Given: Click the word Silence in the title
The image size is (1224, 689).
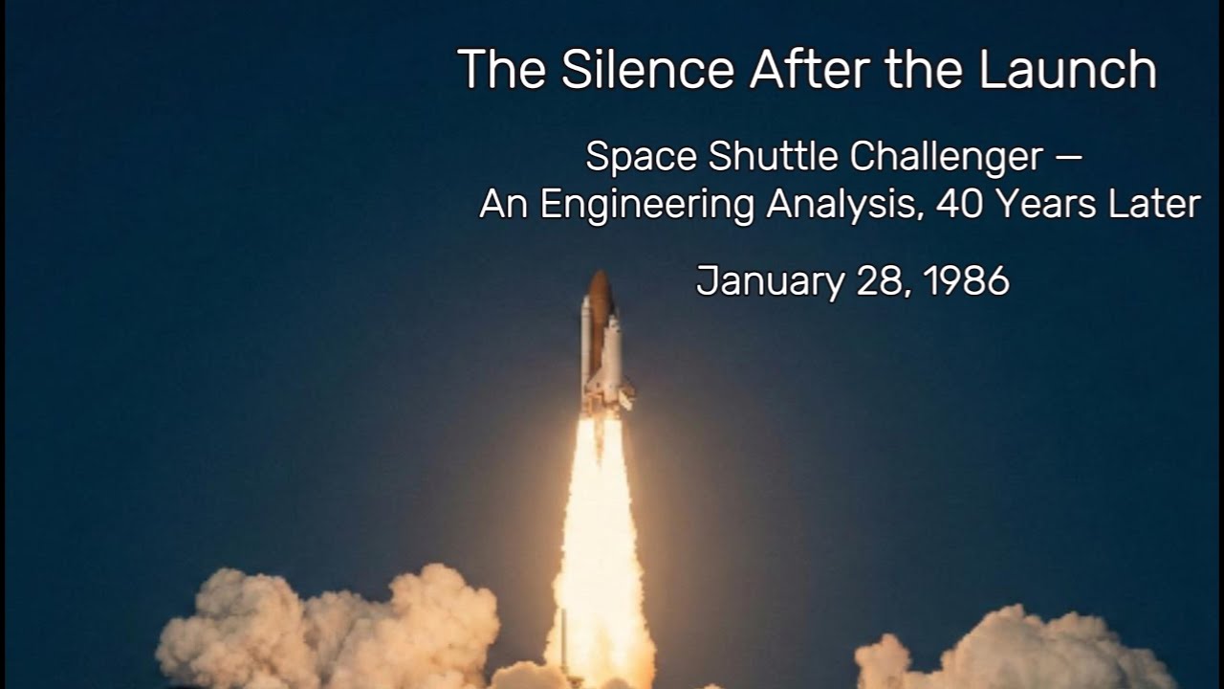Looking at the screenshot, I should [x=647, y=69].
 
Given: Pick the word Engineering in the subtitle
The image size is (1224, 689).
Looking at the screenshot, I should [x=647, y=204].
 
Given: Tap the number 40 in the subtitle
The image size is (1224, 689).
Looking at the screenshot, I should [x=958, y=204].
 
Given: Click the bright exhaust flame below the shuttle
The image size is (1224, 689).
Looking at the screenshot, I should [x=599, y=536].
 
